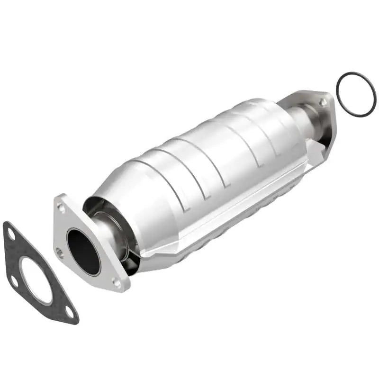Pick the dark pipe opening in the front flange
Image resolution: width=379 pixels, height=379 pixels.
[x=83, y=252]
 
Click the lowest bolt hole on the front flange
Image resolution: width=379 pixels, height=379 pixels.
[x=116, y=283]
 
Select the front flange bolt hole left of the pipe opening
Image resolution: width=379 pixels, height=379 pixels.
[x=59, y=252]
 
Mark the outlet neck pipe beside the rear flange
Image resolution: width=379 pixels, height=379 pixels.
[x=303, y=118]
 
